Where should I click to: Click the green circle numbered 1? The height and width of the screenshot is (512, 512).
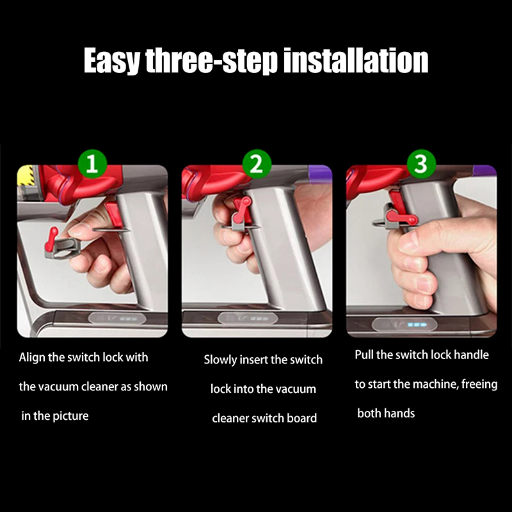pyautogui.click(x=92, y=164)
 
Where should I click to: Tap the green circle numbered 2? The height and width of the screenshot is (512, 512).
pyautogui.click(x=257, y=164)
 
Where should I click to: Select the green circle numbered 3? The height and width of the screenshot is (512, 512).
pyautogui.click(x=421, y=164)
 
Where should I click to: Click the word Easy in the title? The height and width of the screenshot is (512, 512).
pyautogui.click(x=111, y=61)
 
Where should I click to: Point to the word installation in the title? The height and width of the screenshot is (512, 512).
pyautogui.click(x=356, y=60)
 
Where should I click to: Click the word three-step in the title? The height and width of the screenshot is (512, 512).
pyautogui.click(x=212, y=61)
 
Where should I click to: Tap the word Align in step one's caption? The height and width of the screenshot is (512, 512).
pyautogui.click(x=32, y=358)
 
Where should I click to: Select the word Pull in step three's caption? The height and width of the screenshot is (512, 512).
pyautogui.click(x=364, y=355)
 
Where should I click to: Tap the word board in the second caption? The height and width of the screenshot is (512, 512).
pyautogui.click(x=304, y=419)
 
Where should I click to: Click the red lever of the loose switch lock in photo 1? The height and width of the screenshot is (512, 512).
pyautogui.click(x=52, y=237)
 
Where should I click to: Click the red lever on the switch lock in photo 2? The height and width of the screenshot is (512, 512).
pyautogui.click(x=242, y=209)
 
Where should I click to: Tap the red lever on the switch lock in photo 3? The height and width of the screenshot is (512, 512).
pyautogui.click(x=401, y=218)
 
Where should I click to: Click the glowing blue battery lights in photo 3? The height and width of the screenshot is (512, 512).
pyautogui.click(x=417, y=325)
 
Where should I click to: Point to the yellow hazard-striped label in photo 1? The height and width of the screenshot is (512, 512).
pyautogui.click(x=26, y=175)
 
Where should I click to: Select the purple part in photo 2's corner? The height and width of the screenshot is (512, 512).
pyautogui.click(x=320, y=172)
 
